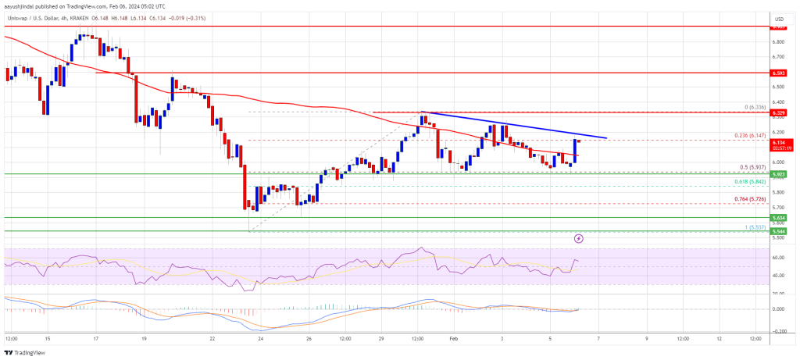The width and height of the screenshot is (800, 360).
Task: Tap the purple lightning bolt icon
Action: [578, 237]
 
